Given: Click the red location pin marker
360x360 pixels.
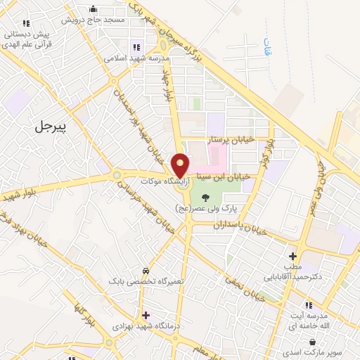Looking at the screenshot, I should point(181,165).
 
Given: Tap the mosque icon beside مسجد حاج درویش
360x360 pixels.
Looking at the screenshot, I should point(94,9).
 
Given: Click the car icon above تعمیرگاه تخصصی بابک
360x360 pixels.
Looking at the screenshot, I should point(145,271).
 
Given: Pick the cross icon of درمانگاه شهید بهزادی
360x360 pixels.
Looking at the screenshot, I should point(145,315).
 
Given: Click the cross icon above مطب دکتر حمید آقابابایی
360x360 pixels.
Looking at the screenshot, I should point(293,256).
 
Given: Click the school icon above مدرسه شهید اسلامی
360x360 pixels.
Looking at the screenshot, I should point(136,47).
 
